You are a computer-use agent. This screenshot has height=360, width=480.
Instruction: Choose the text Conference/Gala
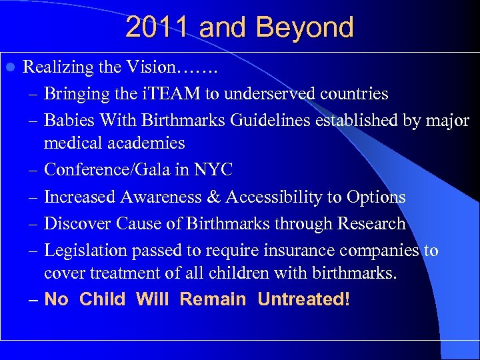point(111,170)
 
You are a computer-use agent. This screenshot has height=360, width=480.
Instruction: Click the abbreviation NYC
point(213,170)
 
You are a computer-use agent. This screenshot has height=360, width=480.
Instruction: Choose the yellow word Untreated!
point(303,299)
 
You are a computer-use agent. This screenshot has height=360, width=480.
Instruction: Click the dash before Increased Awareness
point(34,197)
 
